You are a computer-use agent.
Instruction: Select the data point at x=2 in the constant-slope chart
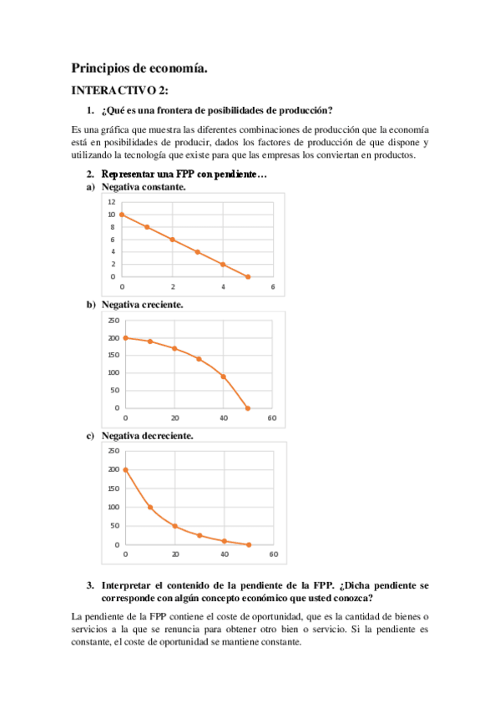tap(173, 240)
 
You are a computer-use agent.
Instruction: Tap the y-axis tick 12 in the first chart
tap(111, 202)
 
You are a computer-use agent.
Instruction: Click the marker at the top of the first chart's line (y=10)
tap(122, 215)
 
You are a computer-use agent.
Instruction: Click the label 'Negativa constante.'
tap(144, 187)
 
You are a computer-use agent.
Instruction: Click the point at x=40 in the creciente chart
tap(223, 377)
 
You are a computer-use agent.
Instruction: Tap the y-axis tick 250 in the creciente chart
tap(114, 321)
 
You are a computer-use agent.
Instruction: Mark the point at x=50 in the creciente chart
tap(248, 407)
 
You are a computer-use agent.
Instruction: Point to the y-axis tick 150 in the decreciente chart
tap(114, 488)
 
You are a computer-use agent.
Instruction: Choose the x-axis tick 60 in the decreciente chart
tap(273, 554)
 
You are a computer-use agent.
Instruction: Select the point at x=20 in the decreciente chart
tap(174, 526)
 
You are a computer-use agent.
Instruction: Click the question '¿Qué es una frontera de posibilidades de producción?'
tap(217, 111)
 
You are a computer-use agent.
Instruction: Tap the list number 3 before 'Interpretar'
tap(90, 586)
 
